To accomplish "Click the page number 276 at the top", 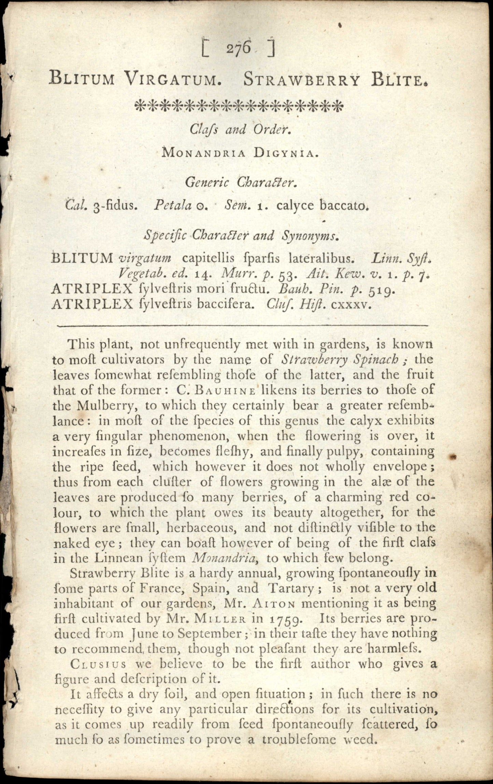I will coord(238,48).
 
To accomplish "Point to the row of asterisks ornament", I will coord(238,105).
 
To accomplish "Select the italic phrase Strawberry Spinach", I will coord(340,359).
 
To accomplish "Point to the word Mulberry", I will coord(108,406).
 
